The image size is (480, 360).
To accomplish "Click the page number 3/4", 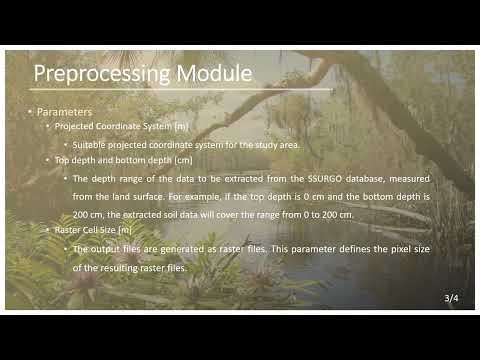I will tap(452, 298).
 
